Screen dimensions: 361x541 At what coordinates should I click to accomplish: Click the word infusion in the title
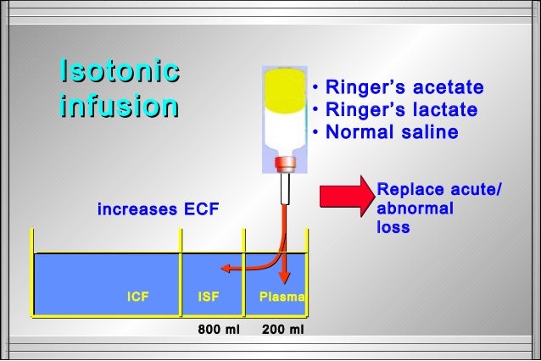click(120, 108)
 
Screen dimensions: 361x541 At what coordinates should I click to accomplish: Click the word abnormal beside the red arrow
click(415, 208)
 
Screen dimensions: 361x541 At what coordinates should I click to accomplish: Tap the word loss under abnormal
click(393, 227)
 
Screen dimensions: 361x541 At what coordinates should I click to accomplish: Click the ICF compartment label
click(137, 297)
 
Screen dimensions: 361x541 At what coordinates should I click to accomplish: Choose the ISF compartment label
click(209, 297)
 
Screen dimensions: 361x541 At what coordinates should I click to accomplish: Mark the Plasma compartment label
click(282, 297)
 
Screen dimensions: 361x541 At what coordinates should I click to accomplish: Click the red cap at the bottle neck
click(285, 161)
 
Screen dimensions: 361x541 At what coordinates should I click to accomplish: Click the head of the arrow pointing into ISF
click(226, 269)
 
